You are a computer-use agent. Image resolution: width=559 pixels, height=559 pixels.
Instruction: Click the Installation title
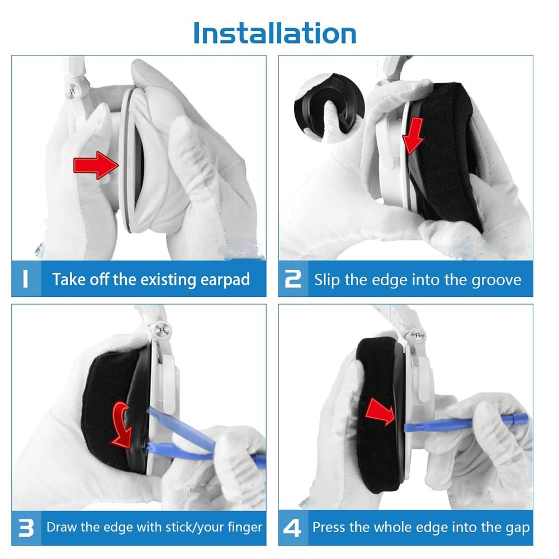274,33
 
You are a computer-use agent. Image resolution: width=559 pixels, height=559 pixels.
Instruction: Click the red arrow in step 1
96,165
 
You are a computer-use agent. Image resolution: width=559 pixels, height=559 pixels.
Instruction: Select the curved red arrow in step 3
122,425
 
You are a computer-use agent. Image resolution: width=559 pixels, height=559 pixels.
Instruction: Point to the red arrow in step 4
380,412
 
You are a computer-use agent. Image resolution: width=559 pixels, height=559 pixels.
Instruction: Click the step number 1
25,278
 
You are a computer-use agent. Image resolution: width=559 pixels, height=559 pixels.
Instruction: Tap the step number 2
293,278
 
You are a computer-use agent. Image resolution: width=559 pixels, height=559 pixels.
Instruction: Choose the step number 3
26,528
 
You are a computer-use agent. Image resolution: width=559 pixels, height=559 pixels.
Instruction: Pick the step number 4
292,528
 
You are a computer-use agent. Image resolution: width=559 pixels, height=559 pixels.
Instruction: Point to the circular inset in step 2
330,108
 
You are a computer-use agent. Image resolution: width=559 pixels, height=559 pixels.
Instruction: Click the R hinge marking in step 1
72,92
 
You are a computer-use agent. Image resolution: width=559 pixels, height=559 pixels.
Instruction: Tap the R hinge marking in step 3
162,330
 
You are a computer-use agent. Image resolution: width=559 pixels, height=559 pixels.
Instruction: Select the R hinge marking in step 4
418,335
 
